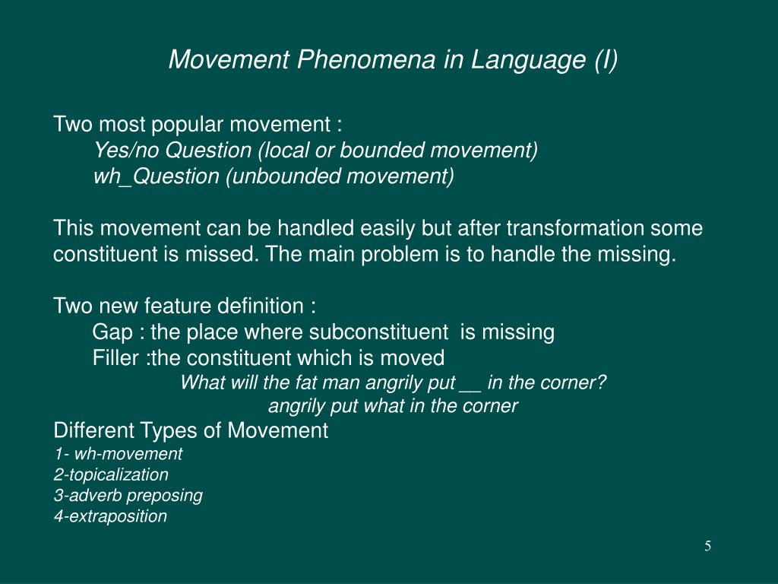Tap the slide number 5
coord(707,546)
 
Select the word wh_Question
coord(156,176)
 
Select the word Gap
coord(111,332)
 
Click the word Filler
coord(116,358)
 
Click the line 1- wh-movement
coord(118,454)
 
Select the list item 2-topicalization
coord(111,474)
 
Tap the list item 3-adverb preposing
coord(128,495)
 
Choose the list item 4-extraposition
coord(110,516)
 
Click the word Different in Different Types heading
coord(94,430)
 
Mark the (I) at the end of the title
coord(606,59)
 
